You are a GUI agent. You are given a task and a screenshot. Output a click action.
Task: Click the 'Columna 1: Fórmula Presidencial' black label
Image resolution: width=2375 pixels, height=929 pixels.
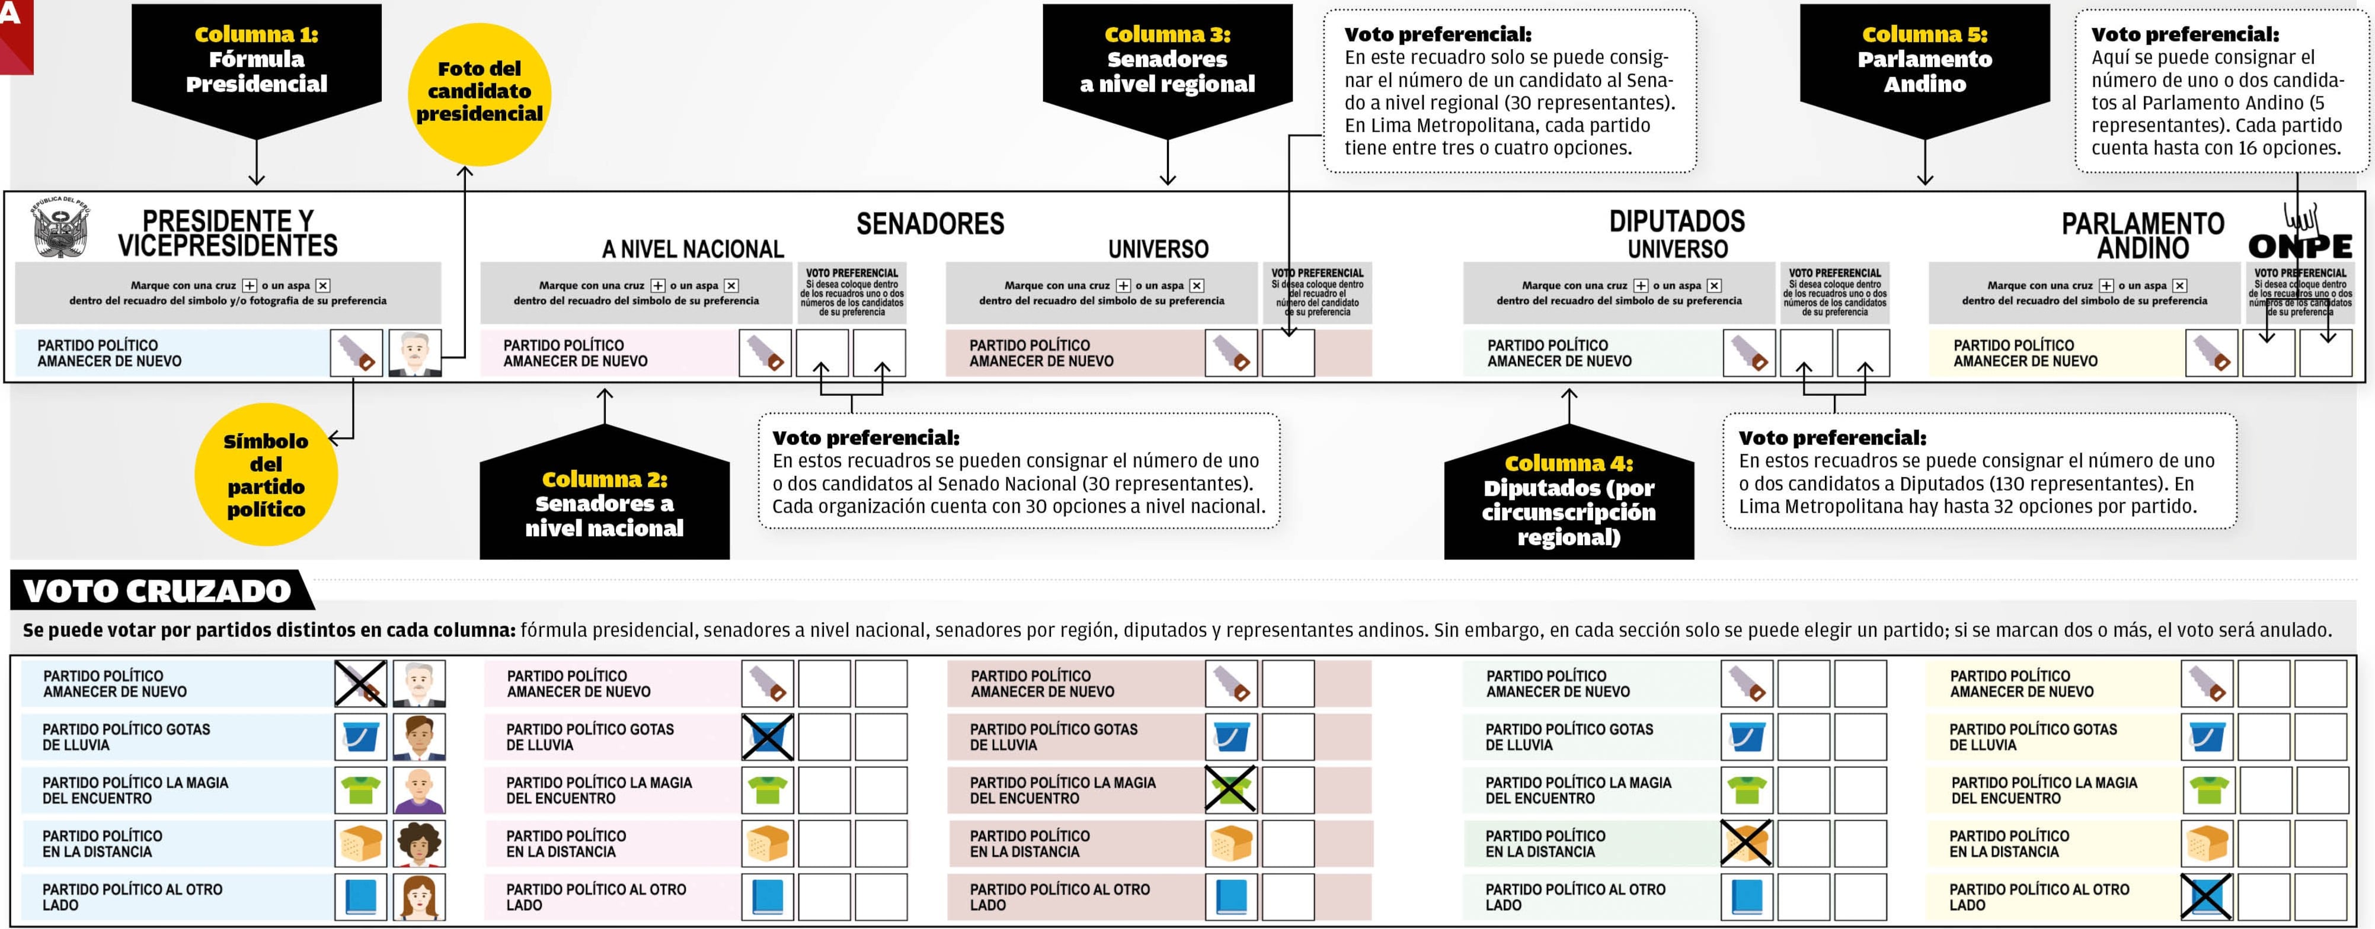pos(256,60)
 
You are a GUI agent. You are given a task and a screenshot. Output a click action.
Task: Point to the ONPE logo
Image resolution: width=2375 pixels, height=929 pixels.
pos(2299,237)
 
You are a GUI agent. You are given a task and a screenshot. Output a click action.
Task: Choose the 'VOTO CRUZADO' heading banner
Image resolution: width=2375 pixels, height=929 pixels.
pos(156,591)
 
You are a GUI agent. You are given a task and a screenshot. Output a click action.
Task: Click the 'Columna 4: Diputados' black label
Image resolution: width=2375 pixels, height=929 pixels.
pos(1568,499)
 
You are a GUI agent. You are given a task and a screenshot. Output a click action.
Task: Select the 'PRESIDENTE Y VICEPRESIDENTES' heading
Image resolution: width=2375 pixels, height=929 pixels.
pos(227,233)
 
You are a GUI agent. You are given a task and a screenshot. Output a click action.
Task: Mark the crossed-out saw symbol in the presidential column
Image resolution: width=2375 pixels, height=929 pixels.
pos(360,684)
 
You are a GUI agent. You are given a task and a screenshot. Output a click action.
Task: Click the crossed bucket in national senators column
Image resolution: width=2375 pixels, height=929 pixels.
pos(767,737)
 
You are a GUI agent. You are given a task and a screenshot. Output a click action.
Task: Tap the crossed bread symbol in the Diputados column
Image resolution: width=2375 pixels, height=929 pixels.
pos(1746,843)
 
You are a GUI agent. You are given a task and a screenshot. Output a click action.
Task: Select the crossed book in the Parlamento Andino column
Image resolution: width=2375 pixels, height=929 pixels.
pos(2205,897)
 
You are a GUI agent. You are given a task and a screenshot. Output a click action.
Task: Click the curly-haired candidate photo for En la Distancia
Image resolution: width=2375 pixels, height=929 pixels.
pos(420,843)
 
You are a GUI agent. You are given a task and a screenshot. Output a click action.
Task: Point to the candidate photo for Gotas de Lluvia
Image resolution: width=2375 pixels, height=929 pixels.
pos(420,737)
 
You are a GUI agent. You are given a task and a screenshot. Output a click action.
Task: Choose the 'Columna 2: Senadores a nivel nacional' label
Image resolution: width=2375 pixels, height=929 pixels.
pos(604,502)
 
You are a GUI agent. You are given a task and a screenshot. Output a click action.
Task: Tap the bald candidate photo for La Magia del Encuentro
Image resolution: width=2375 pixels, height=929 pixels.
pos(420,790)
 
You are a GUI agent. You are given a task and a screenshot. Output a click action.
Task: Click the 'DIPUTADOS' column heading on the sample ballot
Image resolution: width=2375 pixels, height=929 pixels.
pos(1676,221)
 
